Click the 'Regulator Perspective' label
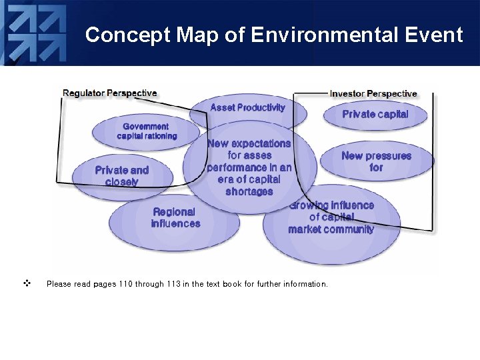point(110,93)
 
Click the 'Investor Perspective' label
point(373,94)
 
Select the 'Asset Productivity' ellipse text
point(247,107)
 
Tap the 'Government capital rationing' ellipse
point(146,131)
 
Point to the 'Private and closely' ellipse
point(121,176)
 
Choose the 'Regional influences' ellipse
point(175,218)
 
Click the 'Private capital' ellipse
point(375,114)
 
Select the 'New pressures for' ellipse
point(376,161)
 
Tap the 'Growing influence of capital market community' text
point(331,217)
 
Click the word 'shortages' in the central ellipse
point(249,192)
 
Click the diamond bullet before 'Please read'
point(27,283)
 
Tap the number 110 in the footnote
point(125,284)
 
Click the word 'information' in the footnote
point(304,284)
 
